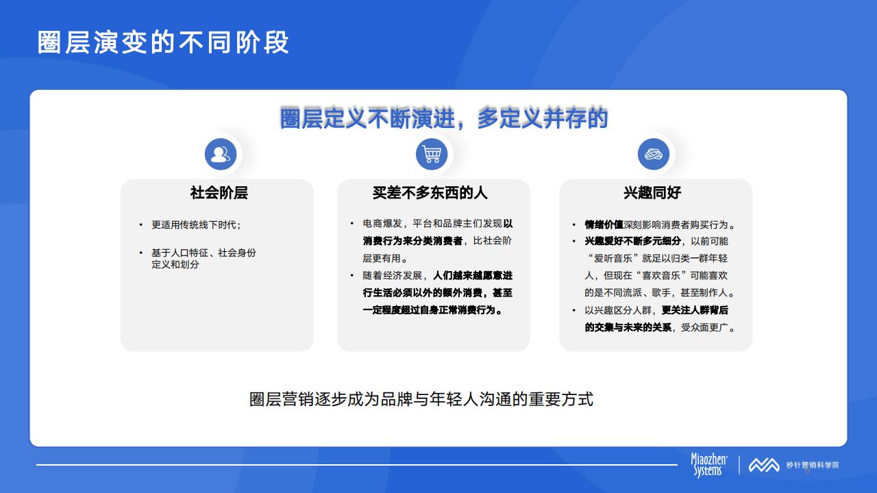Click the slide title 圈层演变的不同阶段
tap(163, 42)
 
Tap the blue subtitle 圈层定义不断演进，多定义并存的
tap(443, 118)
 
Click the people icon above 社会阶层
tap(221, 154)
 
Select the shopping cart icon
tap(432, 154)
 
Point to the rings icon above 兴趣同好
tap(654, 154)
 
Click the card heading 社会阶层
tap(219, 192)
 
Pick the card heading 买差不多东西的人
tap(430, 192)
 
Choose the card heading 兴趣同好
tap(652, 192)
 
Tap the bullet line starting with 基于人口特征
tap(203, 253)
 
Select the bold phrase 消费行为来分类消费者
tap(412, 240)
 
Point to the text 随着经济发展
tap(393, 275)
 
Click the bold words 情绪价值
tap(604, 225)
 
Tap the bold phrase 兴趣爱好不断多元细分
tap(632, 241)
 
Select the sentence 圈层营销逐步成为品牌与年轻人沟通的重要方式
tap(421, 399)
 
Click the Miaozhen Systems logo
tap(708, 465)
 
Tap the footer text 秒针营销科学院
tap(813, 465)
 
